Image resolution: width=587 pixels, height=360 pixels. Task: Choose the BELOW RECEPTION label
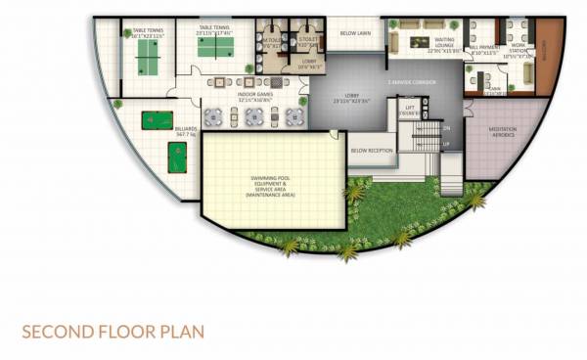pos(371,151)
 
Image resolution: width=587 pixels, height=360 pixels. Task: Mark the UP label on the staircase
pos(447,144)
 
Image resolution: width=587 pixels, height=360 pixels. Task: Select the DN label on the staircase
pos(447,128)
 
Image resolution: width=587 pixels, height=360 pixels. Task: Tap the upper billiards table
pos(156,120)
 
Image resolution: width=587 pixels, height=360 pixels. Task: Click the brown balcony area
pos(549,57)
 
